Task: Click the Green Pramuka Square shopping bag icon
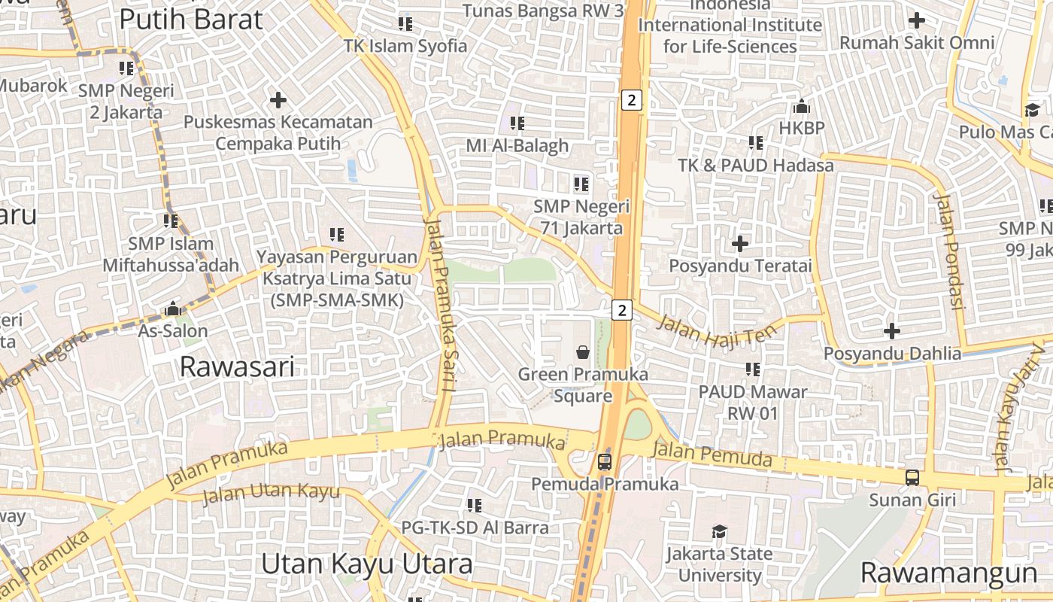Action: pyautogui.click(x=582, y=351)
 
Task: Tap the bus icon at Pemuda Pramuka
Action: pyautogui.click(x=605, y=461)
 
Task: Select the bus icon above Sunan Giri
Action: pyautogui.click(x=912, y=477)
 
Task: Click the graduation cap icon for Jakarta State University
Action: pyautogui.click(x=720, y=532)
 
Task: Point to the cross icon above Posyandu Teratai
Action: pyautogui.click(x=740, y=244)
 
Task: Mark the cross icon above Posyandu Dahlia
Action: pyautogui.click(x=892, y=330)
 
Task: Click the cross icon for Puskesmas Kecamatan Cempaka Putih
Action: pyautogui.click(x=278, y=99)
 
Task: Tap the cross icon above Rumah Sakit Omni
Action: pyautogui.click(x=916, y=20)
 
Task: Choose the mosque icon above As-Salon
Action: pyautogui.click(x=173, y=309)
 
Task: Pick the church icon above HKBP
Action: pyautogui.click(x=802, y=106)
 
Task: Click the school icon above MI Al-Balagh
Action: pyautogui.click(x=517, y=123)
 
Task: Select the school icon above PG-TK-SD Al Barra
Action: pyautogui.click(x=474, y=505)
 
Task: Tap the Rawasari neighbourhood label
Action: pyautogui.click(x=238, y=367)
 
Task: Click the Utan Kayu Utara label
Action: pyautogui.click(x=366, y=564)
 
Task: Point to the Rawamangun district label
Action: pyautogui.click(x=948, y=573)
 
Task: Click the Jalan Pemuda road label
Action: pyautogui.click(x=712, y=454)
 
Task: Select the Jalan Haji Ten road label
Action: pyautogui.click(x=715, y=330)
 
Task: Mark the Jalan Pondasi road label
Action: pyautogui.click(x=948, y=251)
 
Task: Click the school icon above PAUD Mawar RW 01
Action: pyautogui.click(x=752, y=369)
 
